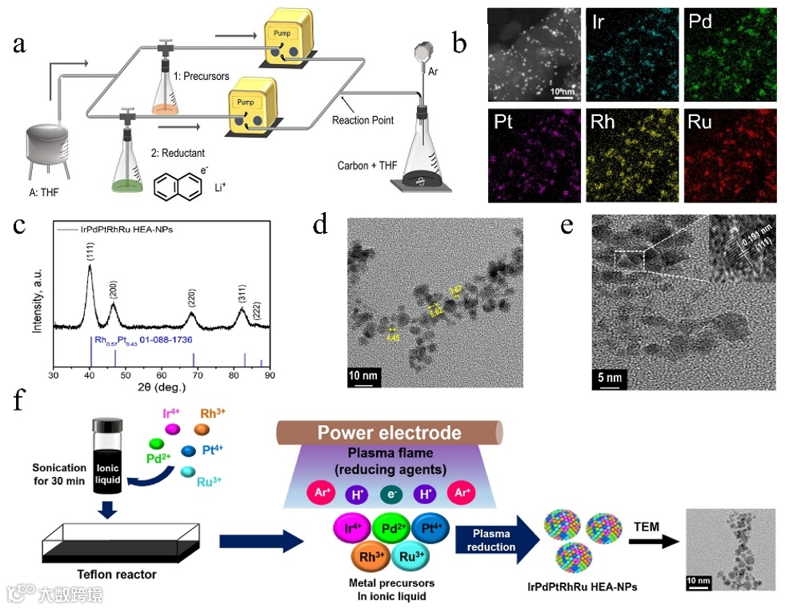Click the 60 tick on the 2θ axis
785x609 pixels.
pos(162,375)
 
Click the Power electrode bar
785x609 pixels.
pos(389,433)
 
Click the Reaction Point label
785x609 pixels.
pos(362,121)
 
